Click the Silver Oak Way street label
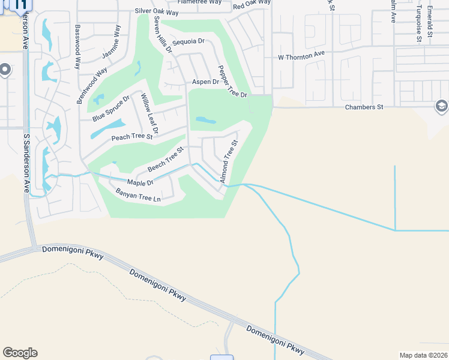pyautogui.click(x=157, y=11)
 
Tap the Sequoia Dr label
pyautogui.click(x=188, y=42)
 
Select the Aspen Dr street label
pyautogui.click(x=205, y=82)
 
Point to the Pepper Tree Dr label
pyautogui.click(x=233, y=82)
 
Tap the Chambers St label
pyautogui.click(x=364, y=107)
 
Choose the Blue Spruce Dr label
pyautogui.click(x=111, y=109)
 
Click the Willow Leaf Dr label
pyautogui.click(x=148, y=113)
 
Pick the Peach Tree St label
pyautogui.click(x=133, y=137)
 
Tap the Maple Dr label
pyautogui.click(x=140, y=182)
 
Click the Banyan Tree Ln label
pyautogui.click(x=139, y=195)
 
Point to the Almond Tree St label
pyautogui.click(x=229, y=161)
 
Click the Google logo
pyautogui.click(x=20, y=353)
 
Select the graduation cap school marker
pyautogui.click(x=441, y=106)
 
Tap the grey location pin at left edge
pyautogui.click(x=5, y=71)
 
